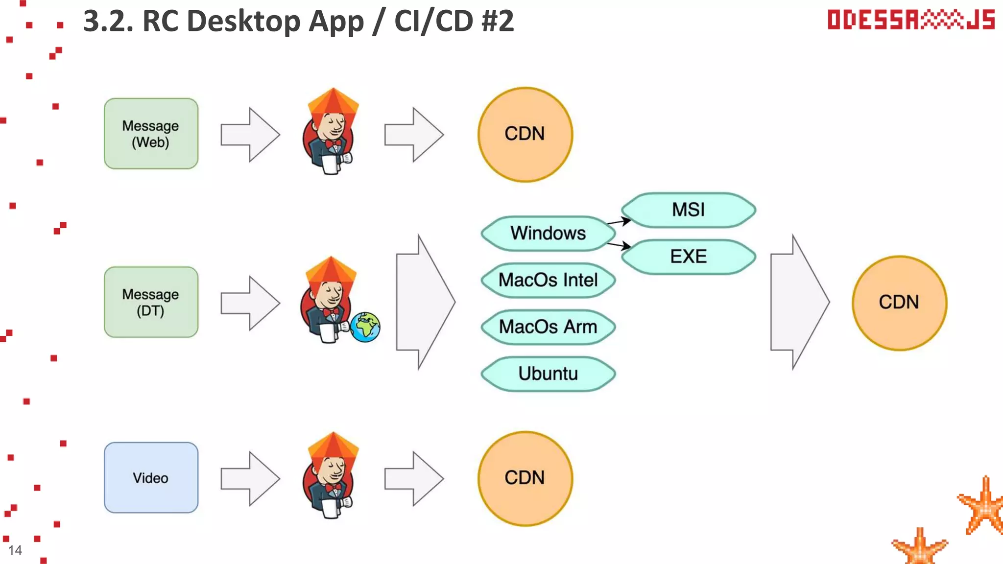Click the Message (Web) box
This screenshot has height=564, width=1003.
click(x=151, y=134)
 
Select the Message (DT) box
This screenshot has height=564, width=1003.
click(x=151, y=302)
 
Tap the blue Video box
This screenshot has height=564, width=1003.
click(x=151, y=477)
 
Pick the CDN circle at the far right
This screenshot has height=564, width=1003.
click(x=899, y=303)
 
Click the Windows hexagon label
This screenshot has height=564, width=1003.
click(x=548, y=234)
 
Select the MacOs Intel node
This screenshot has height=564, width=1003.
click(x=548, y=280)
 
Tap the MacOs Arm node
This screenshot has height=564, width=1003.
click(x=548, y=327)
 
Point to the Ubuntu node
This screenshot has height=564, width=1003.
click(x=548, y=374)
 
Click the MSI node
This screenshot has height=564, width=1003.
click(x=688, y=210)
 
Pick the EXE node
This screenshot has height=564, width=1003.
click(x=688, y=257)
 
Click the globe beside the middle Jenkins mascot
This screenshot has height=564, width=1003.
click(x=365, y=327)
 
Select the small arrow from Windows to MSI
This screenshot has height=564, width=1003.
click(x=619, y=222)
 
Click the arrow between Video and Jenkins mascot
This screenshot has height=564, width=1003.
click(x=250, y=478)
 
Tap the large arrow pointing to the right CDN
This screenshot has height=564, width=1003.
click(x=798, y=302)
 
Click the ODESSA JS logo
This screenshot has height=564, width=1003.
click(x=911, y=20)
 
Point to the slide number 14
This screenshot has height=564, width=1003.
click(x=15, y=550)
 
